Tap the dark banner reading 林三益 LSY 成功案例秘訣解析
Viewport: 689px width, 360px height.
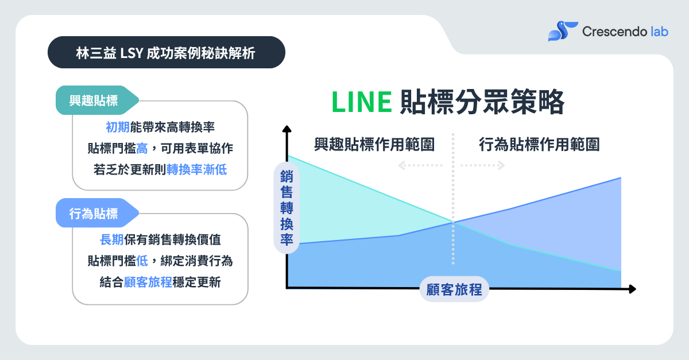click(166, 53)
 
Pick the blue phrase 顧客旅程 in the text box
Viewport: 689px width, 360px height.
click(148, 282)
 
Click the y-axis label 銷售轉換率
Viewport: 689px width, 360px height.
click(286, 208)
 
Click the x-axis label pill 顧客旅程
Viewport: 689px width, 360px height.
click(454, 289)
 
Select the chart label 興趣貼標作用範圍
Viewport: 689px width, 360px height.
click(374, 145)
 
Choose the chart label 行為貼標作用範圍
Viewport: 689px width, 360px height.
click(539, 145)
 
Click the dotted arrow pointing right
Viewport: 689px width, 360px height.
click(483, 165)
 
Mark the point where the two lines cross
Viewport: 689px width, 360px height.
click(454, 222)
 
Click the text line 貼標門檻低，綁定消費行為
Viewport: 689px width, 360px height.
click(160, 261)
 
